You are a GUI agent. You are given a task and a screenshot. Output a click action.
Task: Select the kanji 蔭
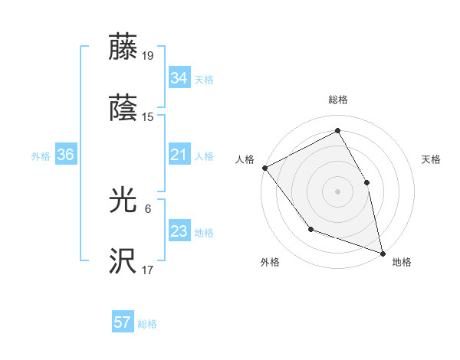[x=123, y=108]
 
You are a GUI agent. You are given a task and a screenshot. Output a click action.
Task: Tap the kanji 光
[x=123, y=201]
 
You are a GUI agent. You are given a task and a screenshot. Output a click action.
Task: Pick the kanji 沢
[x=123, y=262]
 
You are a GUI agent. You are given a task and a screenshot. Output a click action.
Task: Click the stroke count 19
[x=148, y=55]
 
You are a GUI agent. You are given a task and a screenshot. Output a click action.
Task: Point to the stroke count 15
[x=148, y=117]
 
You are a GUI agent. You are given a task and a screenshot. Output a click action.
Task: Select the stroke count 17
[x=148, y=270]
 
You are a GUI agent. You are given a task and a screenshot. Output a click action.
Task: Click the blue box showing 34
[x=179, y=78]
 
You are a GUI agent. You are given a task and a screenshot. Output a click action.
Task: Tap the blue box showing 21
[x=179, y=155]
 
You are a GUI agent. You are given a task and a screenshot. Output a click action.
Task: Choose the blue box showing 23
[x=179, y=232]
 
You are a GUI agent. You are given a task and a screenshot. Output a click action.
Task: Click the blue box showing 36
[x=65, y=155]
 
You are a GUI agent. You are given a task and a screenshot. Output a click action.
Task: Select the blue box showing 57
[x=122, y=323]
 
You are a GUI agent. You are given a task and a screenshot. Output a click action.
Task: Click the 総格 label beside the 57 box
[x=147, y=324]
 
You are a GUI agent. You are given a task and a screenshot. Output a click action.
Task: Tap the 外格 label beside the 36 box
[x=41, y=156]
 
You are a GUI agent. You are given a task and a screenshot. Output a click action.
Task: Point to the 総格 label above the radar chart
[x=338, y=100]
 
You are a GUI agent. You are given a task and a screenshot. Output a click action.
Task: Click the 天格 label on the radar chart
[x=432, y=159]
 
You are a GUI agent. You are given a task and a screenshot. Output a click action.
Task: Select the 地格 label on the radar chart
[x=402, y=263]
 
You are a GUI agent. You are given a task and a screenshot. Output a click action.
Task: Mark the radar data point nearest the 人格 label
[x=264, y=168]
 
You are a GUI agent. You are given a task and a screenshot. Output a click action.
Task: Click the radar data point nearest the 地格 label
[x=382, y=253]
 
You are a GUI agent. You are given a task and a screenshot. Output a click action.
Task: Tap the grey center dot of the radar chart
[x=338, y=191]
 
